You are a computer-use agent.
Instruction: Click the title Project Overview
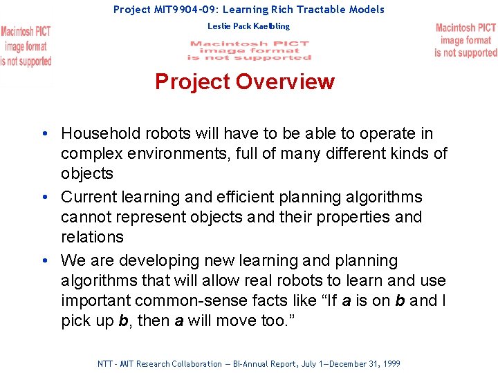(245, 82)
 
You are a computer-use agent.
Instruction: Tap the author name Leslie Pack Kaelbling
(248, 26)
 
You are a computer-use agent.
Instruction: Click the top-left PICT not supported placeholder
(26, 46)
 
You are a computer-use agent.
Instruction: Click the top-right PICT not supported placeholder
(465, 40)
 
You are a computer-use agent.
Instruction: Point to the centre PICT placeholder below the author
(248, 50)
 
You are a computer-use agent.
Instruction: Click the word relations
(92, 237)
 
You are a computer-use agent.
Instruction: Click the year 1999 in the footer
(391, 363)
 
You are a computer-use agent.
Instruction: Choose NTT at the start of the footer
(105, 363)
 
